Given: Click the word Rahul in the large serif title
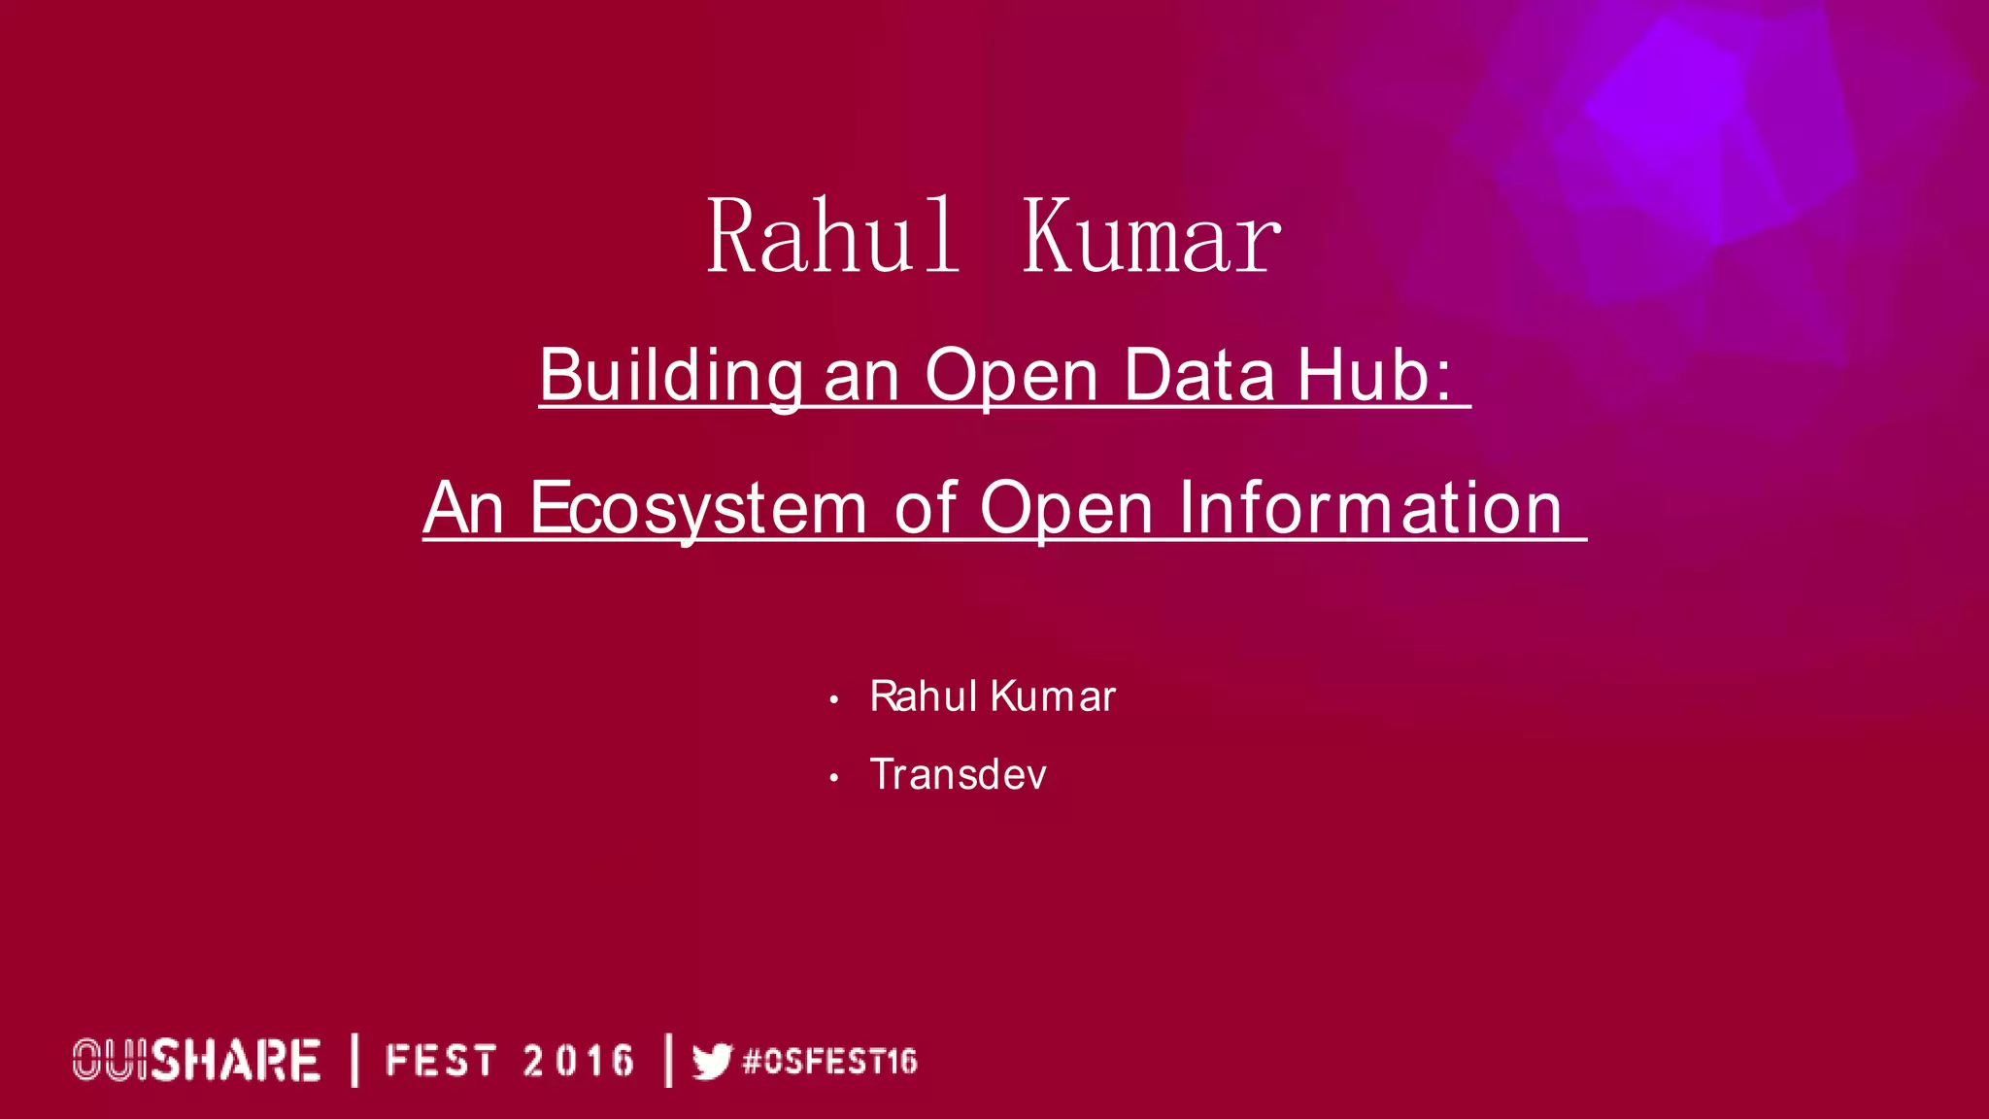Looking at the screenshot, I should (832, 237).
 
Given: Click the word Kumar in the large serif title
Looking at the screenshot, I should (1151, 237).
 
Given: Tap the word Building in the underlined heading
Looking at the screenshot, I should (670, 376).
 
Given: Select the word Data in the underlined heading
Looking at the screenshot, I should (1198, 376).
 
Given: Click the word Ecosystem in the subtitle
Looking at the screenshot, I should (698, 508).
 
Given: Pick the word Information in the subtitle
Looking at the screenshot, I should (1370, 508).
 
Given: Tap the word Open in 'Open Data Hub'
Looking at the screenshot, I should (1011, 376).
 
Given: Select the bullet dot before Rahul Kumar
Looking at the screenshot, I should (833, 699).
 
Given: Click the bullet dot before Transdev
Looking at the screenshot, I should (833, 777).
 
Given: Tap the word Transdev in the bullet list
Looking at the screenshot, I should (958, 775).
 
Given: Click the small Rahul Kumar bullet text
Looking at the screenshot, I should (993, 696).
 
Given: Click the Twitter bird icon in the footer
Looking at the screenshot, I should (712, 1061).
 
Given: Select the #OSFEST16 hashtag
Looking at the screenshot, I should (829, 1061).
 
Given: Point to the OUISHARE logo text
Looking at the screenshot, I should (196, 1060).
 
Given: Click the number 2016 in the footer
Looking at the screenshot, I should (578, 1061).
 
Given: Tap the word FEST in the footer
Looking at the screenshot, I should (441, 1061).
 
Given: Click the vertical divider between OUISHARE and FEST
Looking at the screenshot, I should (354, 1060).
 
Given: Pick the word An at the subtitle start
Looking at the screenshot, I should (463, 508).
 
